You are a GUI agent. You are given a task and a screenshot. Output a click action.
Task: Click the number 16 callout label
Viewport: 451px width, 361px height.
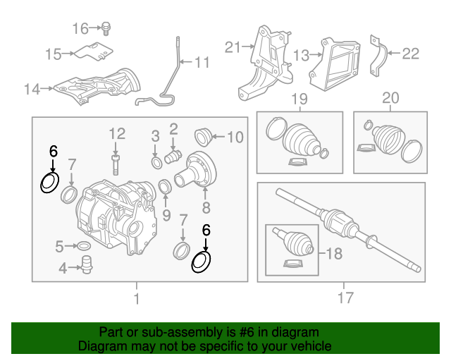(81, 28)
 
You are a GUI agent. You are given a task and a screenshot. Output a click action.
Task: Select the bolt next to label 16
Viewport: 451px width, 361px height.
(106, 28)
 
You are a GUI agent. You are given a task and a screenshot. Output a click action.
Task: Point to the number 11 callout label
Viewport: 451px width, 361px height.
(202, 63)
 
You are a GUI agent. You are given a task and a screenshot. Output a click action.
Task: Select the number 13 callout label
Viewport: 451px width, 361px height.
(301, 55)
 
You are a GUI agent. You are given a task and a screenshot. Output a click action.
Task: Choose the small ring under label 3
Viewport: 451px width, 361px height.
(156, 164)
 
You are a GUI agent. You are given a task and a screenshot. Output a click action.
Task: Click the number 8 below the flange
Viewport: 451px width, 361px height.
(206, 208)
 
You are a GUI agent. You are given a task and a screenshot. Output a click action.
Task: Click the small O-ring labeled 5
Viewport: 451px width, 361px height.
(82, 246)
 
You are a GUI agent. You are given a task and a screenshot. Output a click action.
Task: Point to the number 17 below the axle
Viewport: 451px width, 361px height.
(345, 298)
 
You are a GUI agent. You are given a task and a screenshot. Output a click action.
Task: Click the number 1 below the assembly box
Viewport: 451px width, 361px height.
(137, 299)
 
